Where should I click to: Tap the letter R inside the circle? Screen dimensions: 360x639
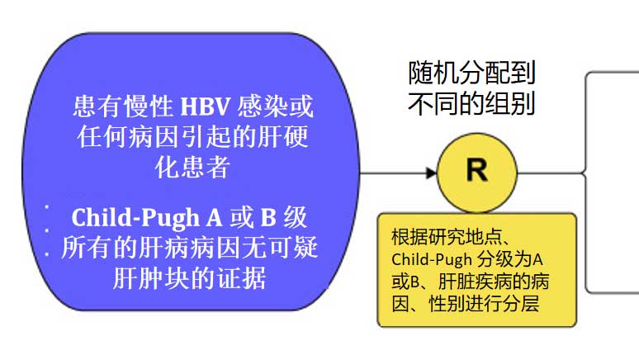click(x=476, y=172)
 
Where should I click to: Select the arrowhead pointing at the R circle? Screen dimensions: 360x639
click(x=430, y=173)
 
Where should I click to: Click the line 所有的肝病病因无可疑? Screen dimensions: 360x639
click(x=189, y=248)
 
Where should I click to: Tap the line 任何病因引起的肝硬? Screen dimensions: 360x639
click(x=192, y=136)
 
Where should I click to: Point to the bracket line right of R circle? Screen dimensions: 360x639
click(x=587, y=173)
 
